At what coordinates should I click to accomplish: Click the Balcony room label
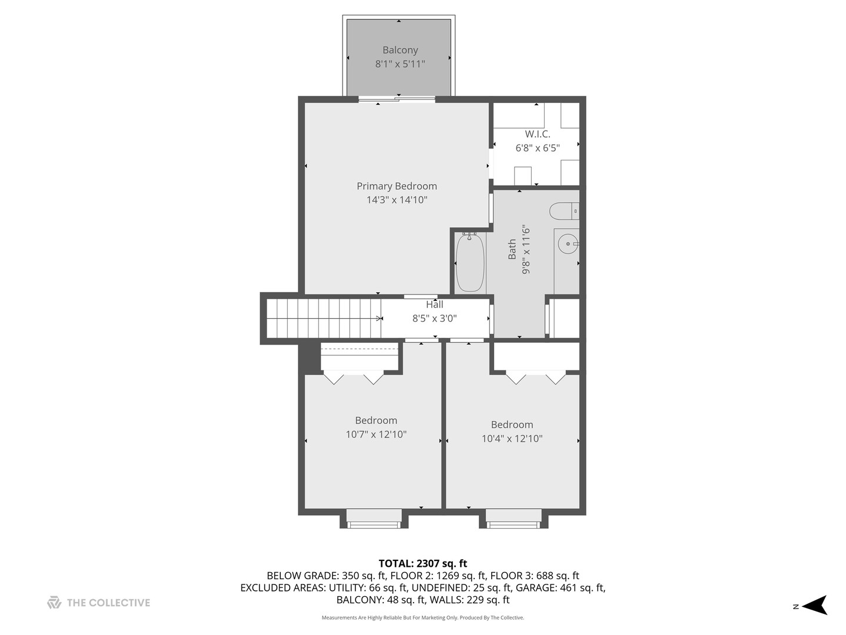400,50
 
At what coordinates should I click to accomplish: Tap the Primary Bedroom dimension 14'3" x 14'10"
397,200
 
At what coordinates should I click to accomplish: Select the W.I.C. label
538,134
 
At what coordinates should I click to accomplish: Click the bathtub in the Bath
470,262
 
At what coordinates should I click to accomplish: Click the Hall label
435,305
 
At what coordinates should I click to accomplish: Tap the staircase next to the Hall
323,318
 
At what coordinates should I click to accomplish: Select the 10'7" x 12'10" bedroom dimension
376,435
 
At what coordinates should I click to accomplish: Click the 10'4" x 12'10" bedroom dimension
512,439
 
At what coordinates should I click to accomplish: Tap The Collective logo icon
54,603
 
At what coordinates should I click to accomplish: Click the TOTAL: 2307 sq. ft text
422,564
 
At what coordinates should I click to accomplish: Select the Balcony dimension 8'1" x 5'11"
400,64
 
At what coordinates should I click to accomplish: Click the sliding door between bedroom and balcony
397,99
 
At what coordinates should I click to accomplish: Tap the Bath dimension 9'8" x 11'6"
526,249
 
